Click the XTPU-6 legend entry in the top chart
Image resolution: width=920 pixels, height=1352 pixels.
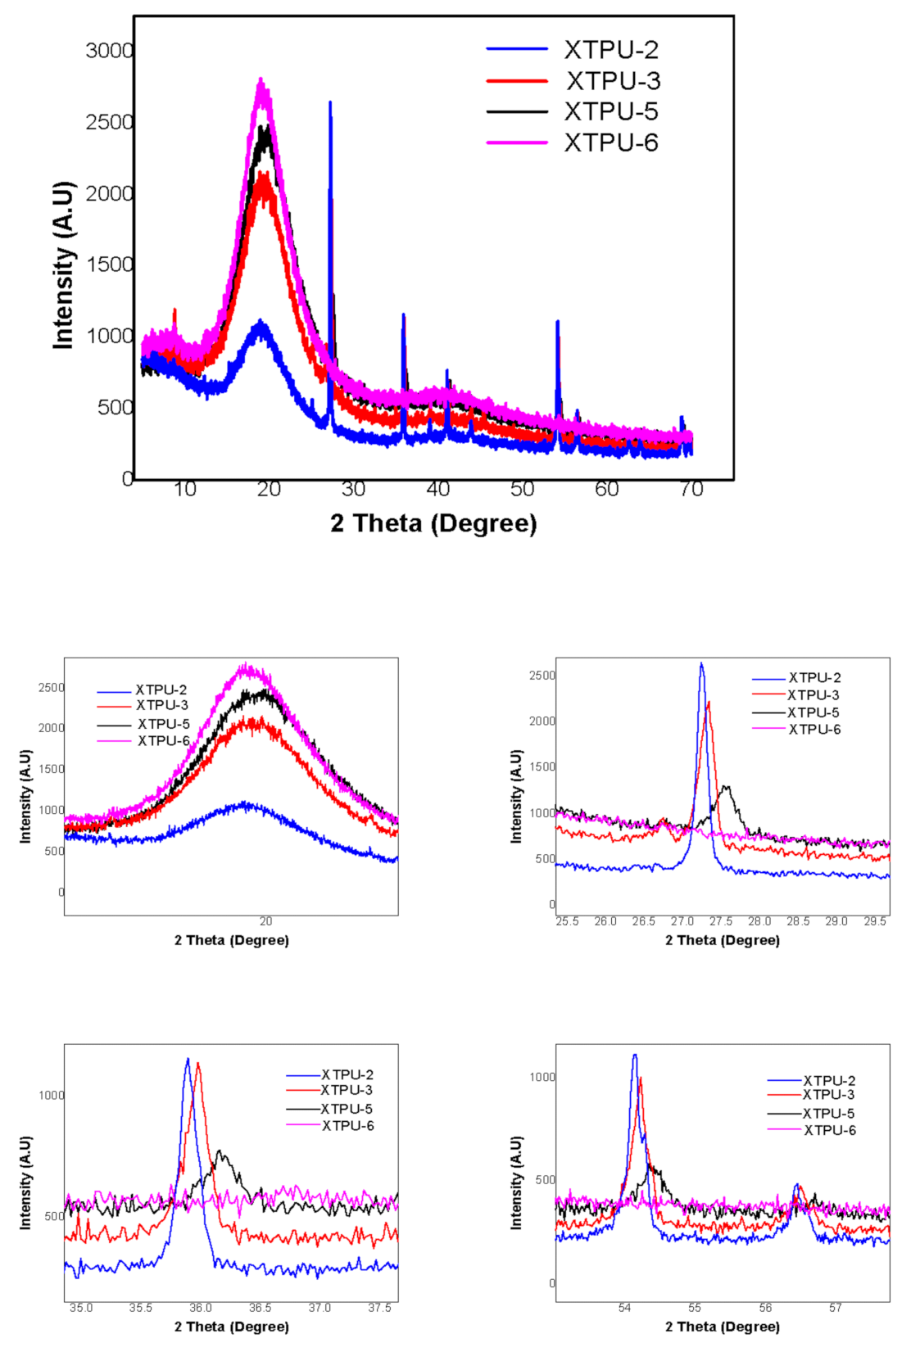[610, 142]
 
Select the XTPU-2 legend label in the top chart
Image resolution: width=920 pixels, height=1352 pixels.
[610, 50]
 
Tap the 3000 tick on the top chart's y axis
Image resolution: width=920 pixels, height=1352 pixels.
[109, 51]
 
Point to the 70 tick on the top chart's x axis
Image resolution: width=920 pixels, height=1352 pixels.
[691, 490]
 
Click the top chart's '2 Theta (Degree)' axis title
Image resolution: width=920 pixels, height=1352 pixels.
[433, 523]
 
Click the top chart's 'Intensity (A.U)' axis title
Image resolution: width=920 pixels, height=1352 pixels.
[64, 265]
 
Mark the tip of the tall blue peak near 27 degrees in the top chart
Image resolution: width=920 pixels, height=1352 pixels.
[330, 103]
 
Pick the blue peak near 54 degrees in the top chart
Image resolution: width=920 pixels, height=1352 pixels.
[558, 323]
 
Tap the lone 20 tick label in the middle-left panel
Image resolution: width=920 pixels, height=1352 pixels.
[265, 921]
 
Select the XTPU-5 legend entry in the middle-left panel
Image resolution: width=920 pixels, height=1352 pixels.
[163, 724]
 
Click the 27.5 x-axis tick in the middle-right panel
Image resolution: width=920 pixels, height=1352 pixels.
[721, 921]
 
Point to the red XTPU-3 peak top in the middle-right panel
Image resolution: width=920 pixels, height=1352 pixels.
[709, 703]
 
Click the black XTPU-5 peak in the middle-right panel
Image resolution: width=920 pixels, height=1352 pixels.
[725, 788]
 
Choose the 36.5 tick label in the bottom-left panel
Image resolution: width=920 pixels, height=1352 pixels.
[260, 1308]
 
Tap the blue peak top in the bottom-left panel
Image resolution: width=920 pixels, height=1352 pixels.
[188, 1060]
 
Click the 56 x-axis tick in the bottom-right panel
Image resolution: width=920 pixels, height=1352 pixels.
[765, 1308]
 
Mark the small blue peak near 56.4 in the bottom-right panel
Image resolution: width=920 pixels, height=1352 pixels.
[796, 1185]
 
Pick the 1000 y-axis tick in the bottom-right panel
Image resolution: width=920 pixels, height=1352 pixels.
[542, 1077]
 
